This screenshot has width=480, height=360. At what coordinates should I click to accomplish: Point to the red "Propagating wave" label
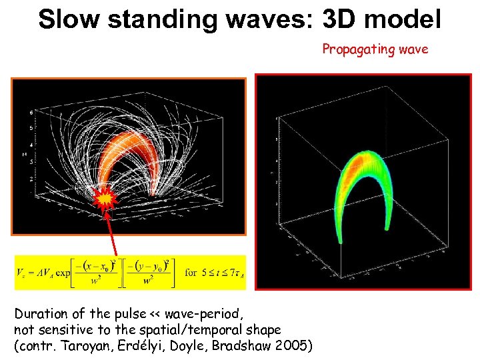pyautogui.click(x=375, y=49)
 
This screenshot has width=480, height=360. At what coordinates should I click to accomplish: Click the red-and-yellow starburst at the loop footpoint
pyautogui.click(x=105, y=198)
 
